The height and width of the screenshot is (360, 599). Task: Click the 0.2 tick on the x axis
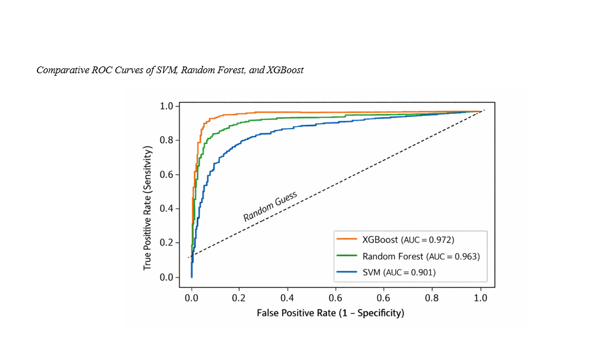pos(239,298)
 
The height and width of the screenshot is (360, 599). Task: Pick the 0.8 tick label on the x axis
pos(432,298)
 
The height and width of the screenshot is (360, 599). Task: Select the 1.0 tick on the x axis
pos(480,298)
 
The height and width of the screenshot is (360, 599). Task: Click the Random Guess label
pos(270,207)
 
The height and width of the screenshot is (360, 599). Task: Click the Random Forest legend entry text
pos(393,256)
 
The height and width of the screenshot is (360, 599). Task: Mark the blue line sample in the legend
pos(347,272)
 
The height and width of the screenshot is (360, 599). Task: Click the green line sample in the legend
pos(347,256)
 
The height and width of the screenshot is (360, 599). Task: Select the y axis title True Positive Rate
pos(148,207)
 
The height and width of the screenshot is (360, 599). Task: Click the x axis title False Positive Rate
pos(330,313)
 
